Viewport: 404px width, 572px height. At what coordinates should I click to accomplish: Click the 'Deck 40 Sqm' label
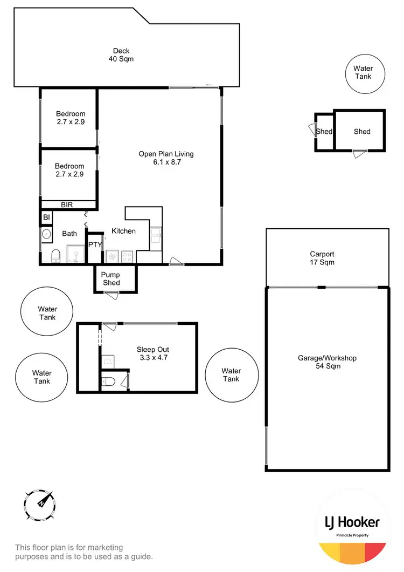click(x=121, y=55)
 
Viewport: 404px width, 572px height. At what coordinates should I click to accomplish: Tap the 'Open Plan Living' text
click(x=166, y=154)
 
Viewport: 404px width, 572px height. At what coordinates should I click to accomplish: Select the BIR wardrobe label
click(x=67, y=205)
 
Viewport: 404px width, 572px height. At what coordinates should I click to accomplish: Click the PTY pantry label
click(x=95, y=244)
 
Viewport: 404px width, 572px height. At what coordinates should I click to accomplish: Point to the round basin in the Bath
click(x=47, y=234)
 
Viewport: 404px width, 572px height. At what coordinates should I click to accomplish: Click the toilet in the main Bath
click(x=54, y=256)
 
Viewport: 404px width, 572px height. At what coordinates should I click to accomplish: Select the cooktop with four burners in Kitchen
click(x=128, y=256)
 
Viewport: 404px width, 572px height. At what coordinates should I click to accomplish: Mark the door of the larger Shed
click(x=358, y=154)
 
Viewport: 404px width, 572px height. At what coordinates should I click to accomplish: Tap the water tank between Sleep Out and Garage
click(x=231, y=375)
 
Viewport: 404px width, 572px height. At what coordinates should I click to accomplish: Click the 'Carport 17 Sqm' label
click(x=322, y=258)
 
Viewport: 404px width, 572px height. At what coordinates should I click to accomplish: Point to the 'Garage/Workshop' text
click(x=327, y=358)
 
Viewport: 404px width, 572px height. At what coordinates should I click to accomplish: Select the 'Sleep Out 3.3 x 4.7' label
click(x=153, y=353)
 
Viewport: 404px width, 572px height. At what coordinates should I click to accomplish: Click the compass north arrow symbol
click(x=41, y=503)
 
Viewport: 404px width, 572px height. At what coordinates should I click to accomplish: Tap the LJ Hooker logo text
click(x=352, y=522)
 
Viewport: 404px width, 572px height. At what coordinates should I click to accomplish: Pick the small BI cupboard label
click(x=46, y=217)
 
